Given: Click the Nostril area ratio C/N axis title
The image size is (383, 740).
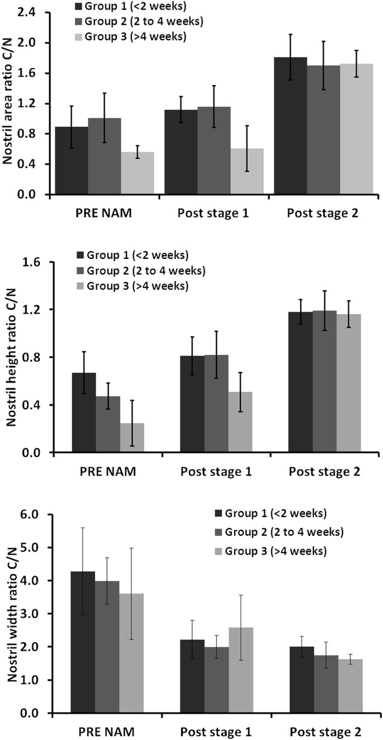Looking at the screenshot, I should [10, 103].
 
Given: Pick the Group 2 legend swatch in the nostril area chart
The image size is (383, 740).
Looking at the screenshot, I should [81, 22].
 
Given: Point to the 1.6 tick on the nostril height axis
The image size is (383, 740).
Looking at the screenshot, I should [35, 262].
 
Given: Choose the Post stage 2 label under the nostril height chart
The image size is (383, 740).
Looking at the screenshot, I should [324, 471].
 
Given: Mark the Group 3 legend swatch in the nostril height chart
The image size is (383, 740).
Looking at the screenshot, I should [81, 286].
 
